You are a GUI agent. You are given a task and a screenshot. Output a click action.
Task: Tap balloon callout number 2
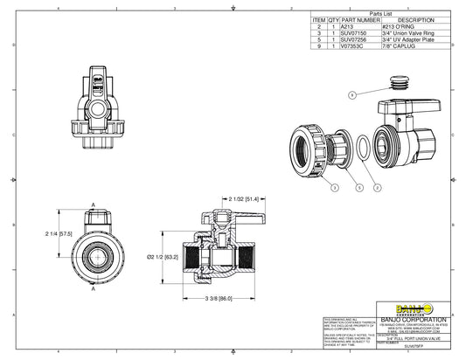[x=377, y=187]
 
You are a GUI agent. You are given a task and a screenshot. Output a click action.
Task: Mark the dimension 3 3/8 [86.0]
[x=219, y=299]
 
